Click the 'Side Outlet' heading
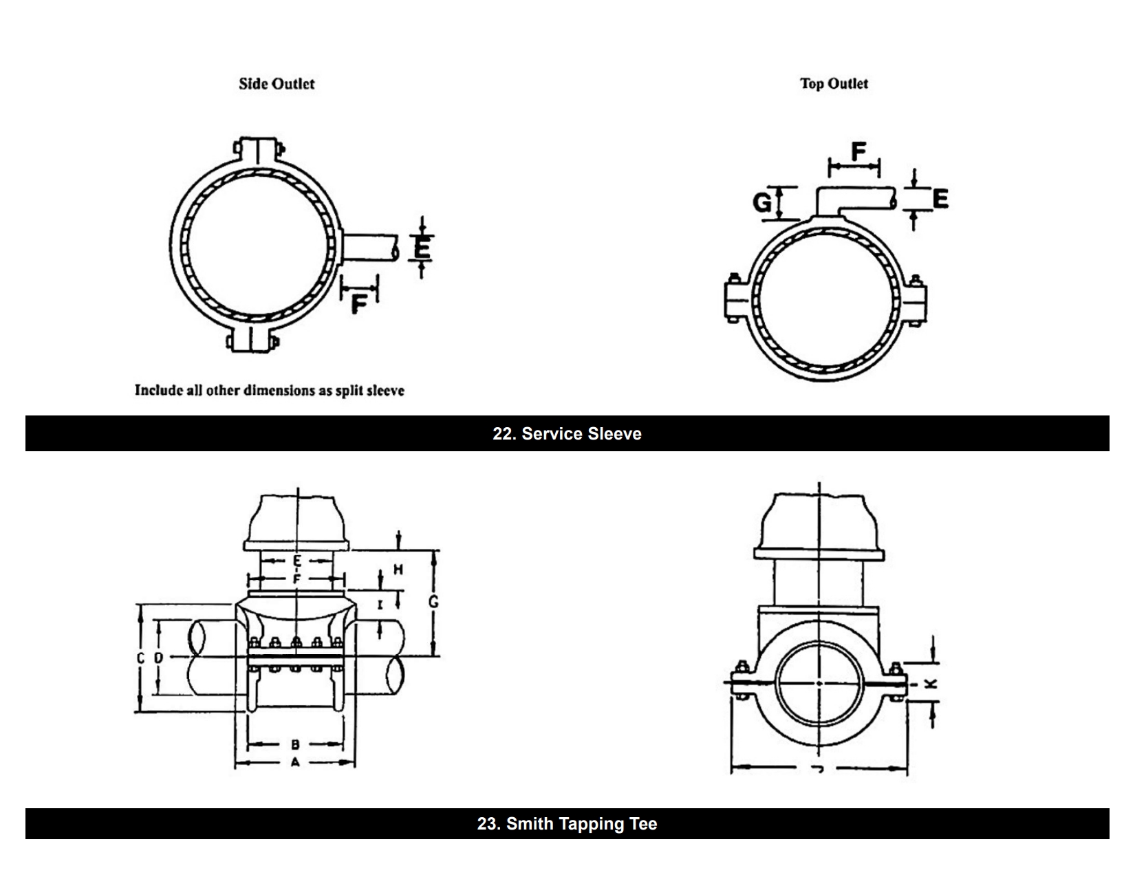point(277,84)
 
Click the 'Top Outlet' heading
point(834,84)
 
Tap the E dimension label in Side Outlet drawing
point(422,247)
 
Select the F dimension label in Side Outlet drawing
point(358,303)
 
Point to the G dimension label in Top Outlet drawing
point(762,202)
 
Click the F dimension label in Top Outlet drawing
point(858,151)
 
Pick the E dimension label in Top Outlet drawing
point(940,199)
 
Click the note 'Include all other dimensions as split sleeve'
point(269,391)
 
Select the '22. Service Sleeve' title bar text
point(567,434)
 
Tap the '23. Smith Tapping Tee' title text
point(567,824)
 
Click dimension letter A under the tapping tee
point(295,762)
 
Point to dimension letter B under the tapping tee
point(295,744)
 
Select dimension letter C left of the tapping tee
point(140,658)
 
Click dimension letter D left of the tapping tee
point(159,658)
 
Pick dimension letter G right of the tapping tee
point(433,603)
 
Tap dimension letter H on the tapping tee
point(398,570)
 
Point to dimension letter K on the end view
point(931,684)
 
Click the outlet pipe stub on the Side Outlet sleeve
point(369,247)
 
